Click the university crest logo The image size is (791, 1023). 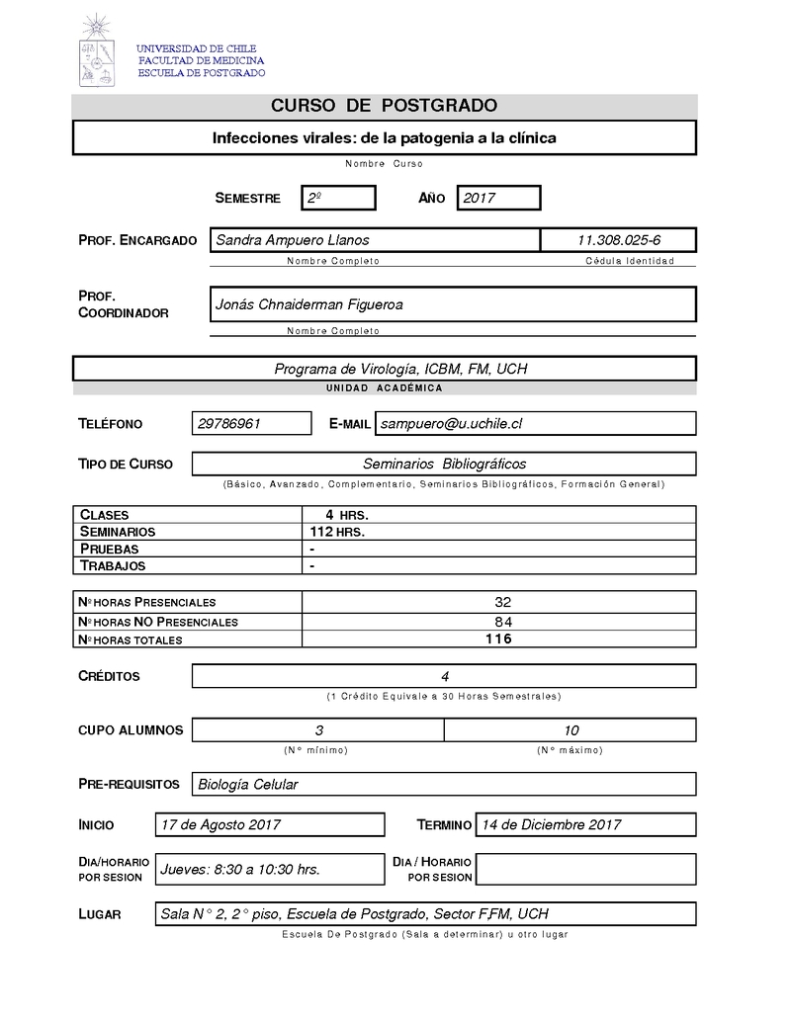96,50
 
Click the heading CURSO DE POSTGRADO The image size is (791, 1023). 384,106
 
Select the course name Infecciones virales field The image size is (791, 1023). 384,137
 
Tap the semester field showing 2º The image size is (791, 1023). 338,198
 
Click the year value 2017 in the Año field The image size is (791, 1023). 498,198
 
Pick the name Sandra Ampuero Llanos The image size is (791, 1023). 293,240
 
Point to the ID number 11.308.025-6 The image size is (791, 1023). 619,240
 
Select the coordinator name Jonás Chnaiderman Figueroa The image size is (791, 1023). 308,304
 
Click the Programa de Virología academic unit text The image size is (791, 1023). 400,369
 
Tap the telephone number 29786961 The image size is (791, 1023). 229,423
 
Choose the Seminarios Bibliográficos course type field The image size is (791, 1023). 444,464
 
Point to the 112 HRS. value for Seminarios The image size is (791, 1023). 337,532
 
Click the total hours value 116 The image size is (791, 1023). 498,639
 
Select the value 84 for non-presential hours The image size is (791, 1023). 498,622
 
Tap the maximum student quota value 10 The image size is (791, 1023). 571,730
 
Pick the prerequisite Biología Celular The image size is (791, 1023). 248,784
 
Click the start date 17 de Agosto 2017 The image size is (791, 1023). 220,824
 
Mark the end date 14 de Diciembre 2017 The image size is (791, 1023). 551,824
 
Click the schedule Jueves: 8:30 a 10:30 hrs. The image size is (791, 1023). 240,869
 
